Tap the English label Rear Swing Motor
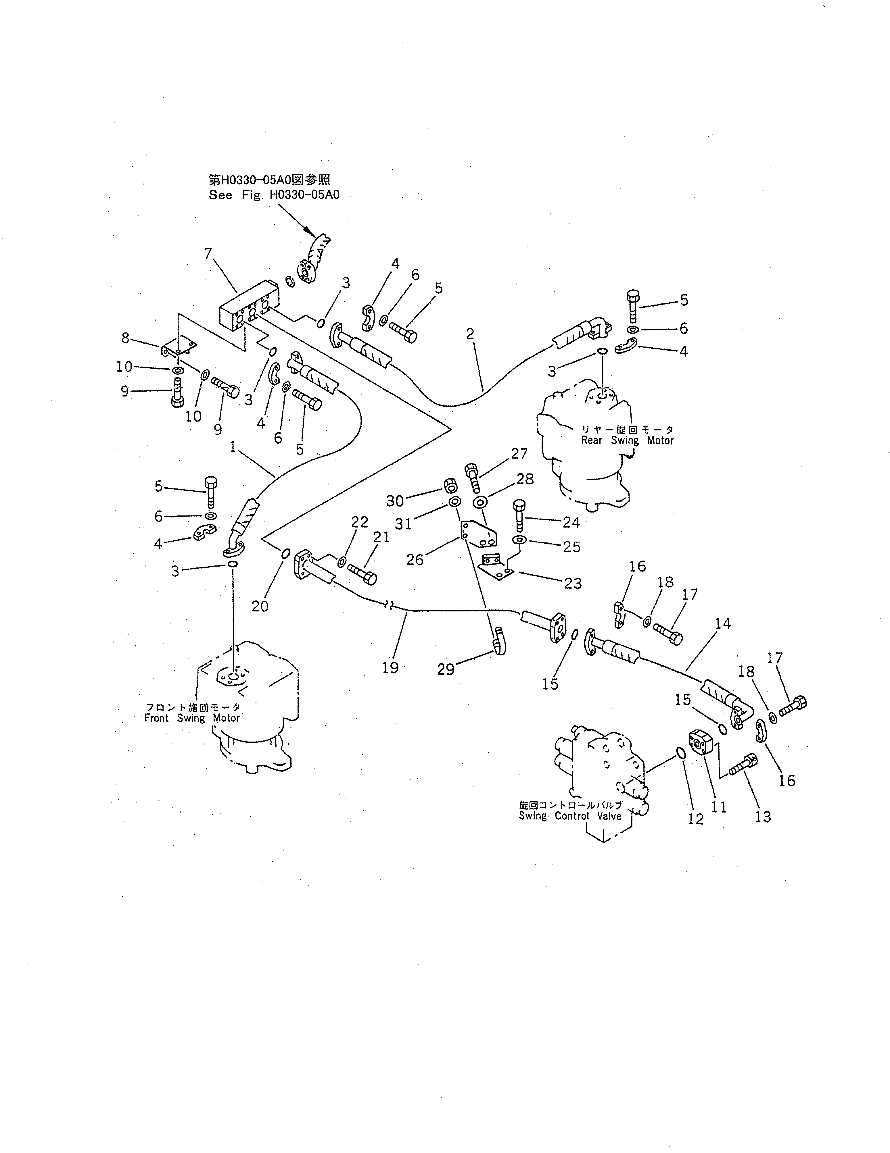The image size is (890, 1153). point(627,440)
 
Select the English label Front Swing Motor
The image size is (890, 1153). point(192,718)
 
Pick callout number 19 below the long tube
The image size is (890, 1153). point(390,668)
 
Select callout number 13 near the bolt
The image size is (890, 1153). point(763,817)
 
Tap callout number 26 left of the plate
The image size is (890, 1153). point(415,560)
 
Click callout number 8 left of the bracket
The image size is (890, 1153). point(125,338)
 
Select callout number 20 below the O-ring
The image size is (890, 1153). point(260,606)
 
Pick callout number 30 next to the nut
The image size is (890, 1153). point(395,501)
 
